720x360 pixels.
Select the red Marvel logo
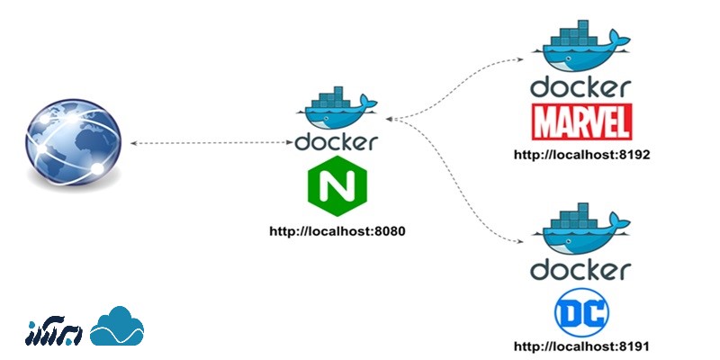point(581,121)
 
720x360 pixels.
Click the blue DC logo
point(581,312)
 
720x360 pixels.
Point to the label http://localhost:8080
point(337,231)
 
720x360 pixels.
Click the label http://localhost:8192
point(581,155)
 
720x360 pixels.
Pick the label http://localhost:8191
point(581,346)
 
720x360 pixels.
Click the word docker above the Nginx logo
point(337,143)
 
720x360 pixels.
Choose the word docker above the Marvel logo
point(581,88)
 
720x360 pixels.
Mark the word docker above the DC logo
point(581,270)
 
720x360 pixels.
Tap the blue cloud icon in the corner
point(117,326)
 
